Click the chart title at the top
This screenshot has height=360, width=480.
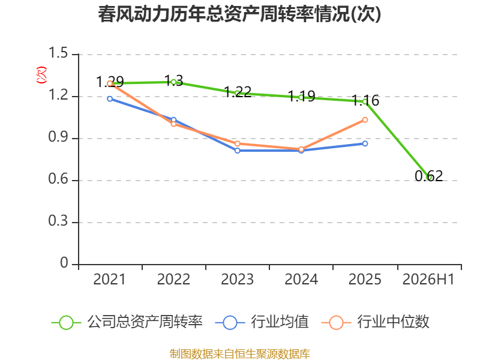pos(239,14)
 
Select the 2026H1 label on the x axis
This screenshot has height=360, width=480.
pos(428,279)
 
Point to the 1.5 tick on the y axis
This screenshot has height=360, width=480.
pos(58,53)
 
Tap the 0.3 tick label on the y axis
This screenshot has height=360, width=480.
pos(58,221)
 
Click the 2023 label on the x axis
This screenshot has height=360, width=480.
pos(237,279)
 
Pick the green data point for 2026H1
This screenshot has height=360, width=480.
pos(429,177)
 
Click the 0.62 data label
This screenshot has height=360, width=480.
pos(429,176)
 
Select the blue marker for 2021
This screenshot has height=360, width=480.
pos(110,99)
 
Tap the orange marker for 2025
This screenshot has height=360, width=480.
pos(365,120)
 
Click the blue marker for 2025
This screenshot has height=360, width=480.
pos(365,143)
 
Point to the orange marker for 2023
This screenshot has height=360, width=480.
pos(238,143)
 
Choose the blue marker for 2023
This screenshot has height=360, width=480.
pos(238,151)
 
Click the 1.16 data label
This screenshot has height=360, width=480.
pos(365,100)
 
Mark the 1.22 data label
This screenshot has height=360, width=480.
pos(238,92)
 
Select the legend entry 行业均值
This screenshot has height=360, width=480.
pos(262,322)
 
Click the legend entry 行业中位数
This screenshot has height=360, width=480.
pos(376,322)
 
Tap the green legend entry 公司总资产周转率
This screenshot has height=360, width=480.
pos(127,322)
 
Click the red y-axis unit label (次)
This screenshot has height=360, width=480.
pos(41,75)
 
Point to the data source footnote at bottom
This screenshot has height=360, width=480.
pos(240,354)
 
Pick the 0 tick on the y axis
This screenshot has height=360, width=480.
pos(64,263)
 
